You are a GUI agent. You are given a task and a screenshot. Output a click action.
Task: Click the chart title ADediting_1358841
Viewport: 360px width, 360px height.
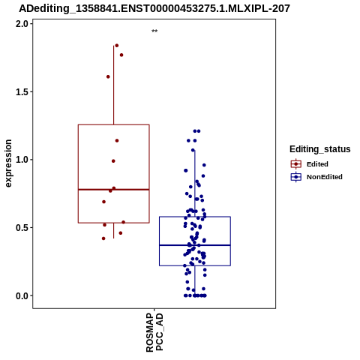tap(154, 8)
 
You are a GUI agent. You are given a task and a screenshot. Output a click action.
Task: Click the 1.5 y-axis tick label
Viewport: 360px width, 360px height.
tap(21, 91)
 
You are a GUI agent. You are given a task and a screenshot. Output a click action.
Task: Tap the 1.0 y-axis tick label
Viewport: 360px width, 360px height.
tap(21, 160)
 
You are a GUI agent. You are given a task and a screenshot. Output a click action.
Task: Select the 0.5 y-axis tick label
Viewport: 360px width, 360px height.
tap(21, 227)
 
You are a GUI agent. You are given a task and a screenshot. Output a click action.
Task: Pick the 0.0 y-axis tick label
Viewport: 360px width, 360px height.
tap(21, 295)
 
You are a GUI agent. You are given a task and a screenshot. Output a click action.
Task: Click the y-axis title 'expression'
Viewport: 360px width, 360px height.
tap(8, 163)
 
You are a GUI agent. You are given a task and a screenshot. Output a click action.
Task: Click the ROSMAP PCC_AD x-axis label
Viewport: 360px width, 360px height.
tap(154, 332)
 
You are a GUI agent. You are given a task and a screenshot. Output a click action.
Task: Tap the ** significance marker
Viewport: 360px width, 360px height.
tap(154, 31)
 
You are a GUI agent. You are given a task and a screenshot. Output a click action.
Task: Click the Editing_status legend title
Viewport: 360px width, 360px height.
tap(319, 149)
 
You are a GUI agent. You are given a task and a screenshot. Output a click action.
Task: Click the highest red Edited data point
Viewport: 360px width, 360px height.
tap(116, 46)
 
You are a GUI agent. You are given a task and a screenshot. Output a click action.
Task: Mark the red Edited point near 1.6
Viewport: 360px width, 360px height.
tap(108, 76)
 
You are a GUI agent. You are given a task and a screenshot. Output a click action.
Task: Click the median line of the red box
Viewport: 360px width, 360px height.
tap(114, 190)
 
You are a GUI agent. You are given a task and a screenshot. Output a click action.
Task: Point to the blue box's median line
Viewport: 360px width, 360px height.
tap(195, 245)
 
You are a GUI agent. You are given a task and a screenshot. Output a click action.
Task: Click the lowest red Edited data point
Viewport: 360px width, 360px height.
tap(103, 238)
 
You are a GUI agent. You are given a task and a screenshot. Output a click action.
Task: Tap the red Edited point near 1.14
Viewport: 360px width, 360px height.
tap(117, 141)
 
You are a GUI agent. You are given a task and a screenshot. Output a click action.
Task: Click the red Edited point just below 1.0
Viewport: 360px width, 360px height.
tap(113, 161)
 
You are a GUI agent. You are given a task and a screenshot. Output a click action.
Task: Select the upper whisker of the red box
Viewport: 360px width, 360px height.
tap(114, 85)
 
